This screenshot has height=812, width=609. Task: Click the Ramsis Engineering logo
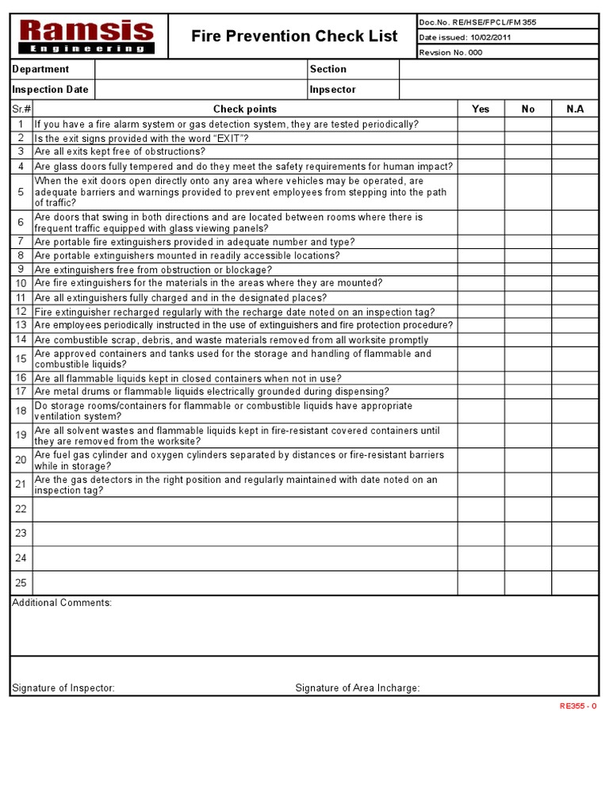[87, 36]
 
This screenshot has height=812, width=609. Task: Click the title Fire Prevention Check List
[294, 36]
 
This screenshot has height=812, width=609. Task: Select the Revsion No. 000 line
[450, 52]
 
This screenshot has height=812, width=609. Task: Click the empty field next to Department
[201, 70]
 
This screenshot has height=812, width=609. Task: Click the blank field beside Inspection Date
[201, 90]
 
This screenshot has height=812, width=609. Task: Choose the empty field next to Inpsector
[498, 90]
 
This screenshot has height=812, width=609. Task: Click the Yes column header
[481, 109]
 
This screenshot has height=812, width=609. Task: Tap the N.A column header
[575, 109]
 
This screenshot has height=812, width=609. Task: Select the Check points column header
[245, 109]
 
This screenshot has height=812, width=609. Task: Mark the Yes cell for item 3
[481, 151]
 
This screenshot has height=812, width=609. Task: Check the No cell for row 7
[528, 242]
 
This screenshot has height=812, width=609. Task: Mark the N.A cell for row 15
[575, 359]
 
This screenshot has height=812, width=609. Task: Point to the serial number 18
[21, 411]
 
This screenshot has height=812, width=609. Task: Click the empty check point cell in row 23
[245, 534]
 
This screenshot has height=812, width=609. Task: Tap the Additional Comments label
[62, 603]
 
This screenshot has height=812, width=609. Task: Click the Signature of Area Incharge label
[358, 688]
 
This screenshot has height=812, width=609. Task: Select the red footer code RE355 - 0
[577, 706]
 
